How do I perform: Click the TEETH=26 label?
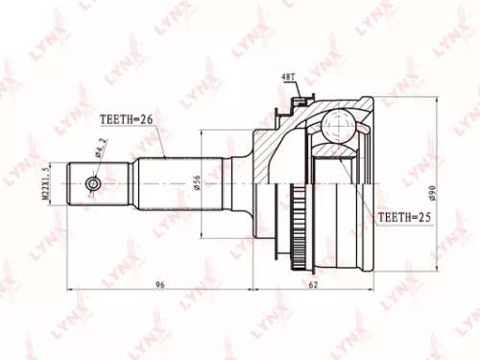pos(128,120)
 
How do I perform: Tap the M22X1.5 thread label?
pos(45,182)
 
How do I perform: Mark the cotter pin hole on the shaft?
pos(93,181)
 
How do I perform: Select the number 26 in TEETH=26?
pos(147,120)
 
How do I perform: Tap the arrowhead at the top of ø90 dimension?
pos(436,97)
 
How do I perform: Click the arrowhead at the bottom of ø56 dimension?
pos(202,231)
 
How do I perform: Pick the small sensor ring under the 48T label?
pos(299,96)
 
